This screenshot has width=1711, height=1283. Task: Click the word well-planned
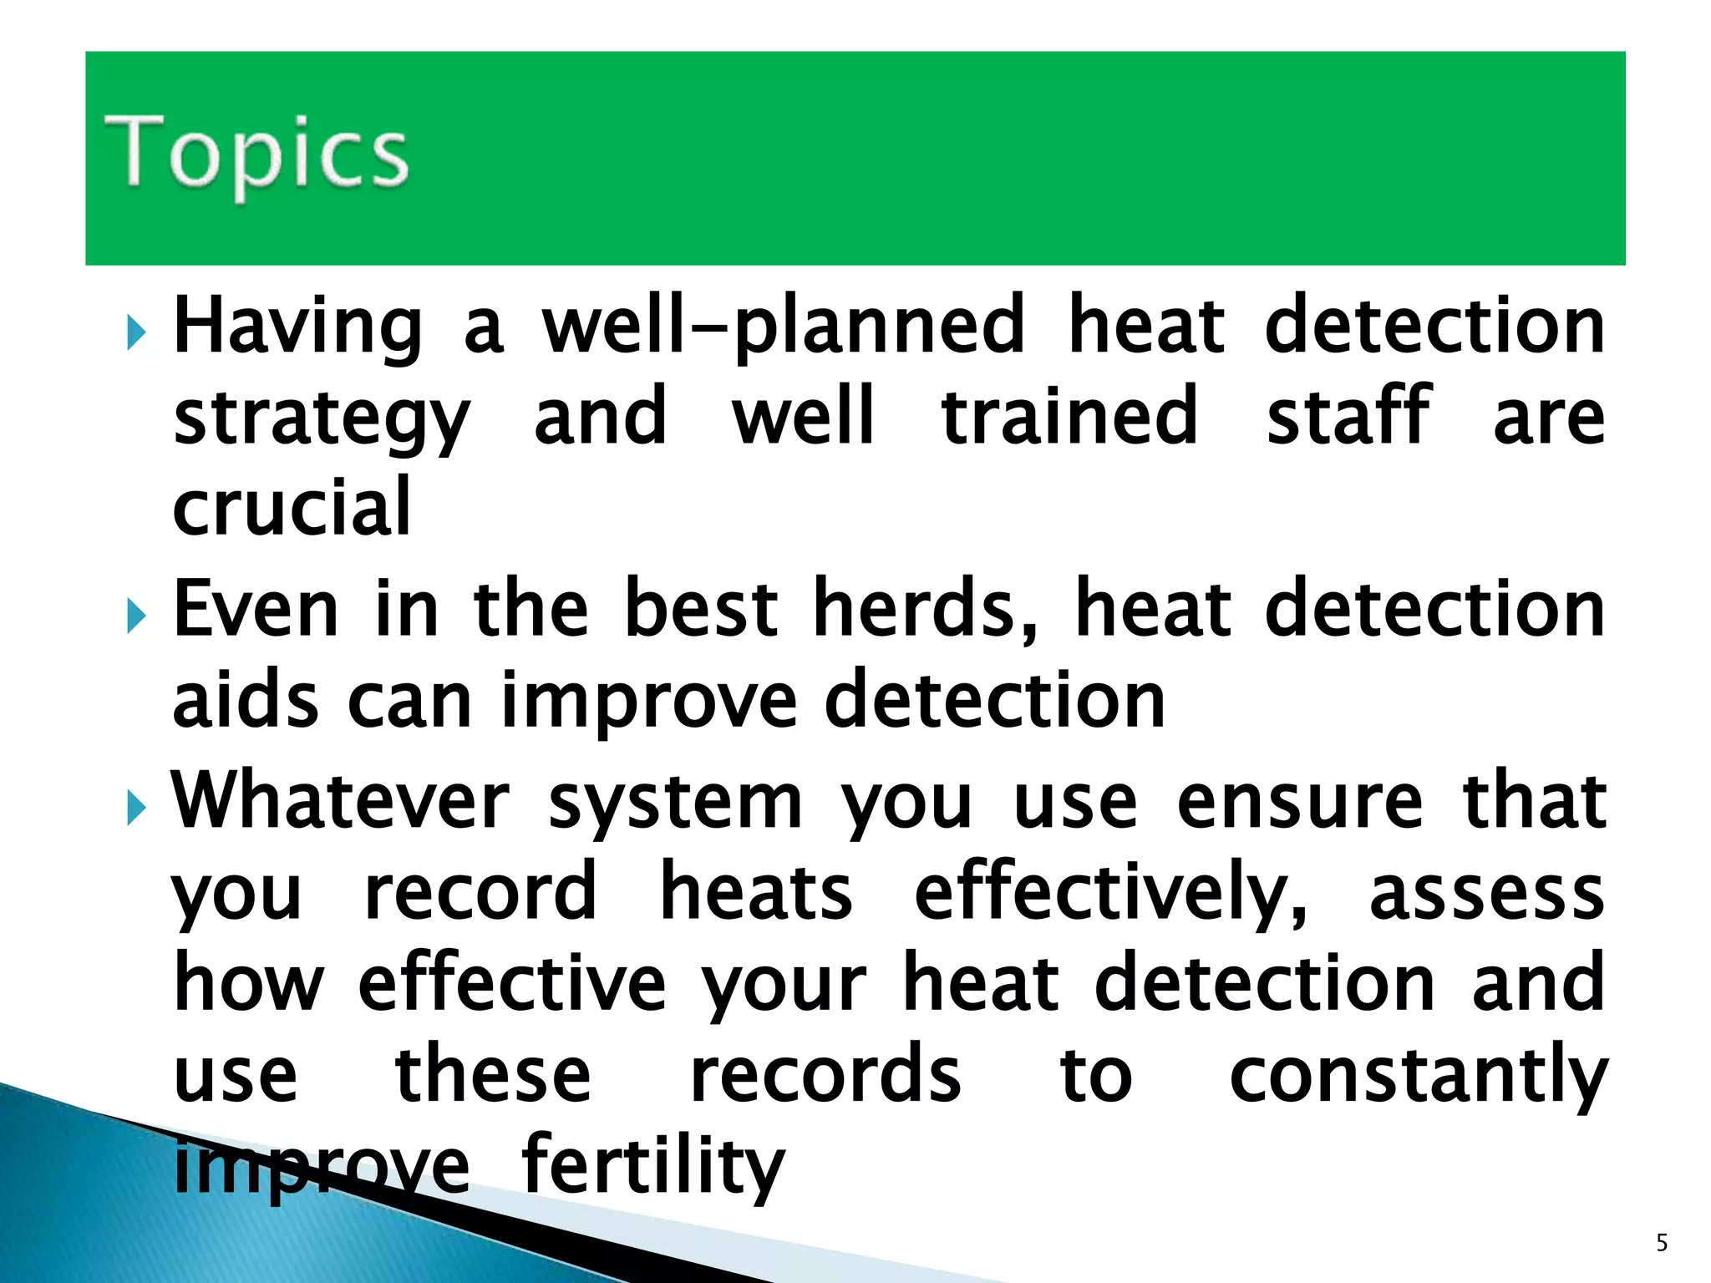click(x=783, y=328)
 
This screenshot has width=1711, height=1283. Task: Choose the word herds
click(x=926, y=611)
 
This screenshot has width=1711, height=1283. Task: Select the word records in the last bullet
click(x=825, y=1075)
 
